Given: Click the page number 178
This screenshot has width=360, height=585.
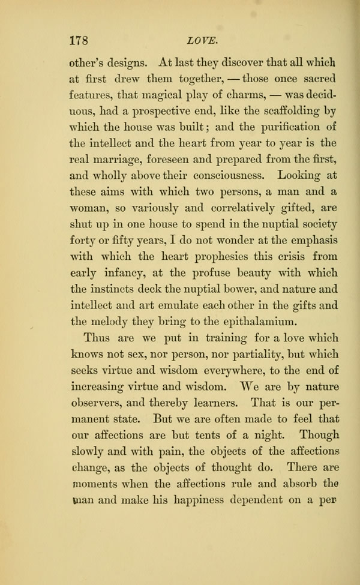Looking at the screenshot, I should click(x=80, y=41).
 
